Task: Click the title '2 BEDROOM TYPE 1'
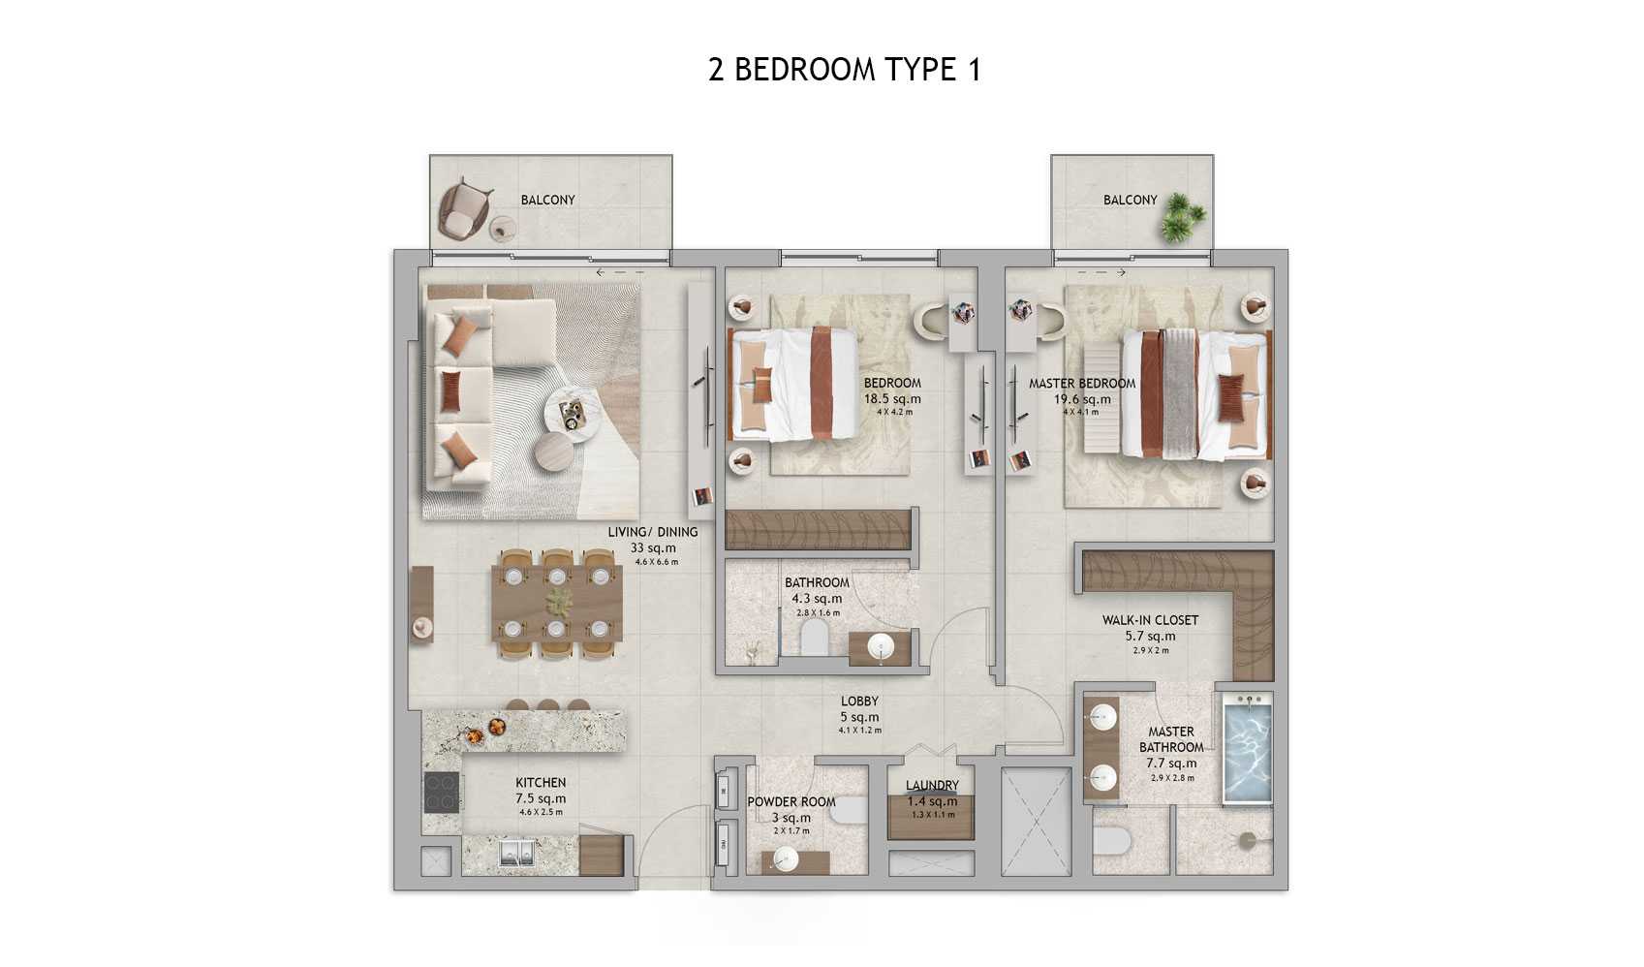(845, 70)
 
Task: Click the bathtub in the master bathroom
(1247, 750)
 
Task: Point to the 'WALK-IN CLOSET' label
(1150, 620)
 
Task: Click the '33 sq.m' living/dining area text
(653, 548)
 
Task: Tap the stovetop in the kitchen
(442, 793)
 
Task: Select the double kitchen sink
(516, 853)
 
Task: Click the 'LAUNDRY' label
(932, 786)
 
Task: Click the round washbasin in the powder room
(784, 858)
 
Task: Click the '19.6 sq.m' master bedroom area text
(1082, 399)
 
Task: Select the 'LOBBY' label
(859, 702)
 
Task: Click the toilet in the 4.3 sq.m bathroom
(814, 638)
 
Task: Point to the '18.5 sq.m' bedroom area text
(892, 399)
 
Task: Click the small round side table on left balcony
(502, 229)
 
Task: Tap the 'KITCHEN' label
(541, 783)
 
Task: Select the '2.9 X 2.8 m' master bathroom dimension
(1171, 778)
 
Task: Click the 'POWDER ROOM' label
(791, 802)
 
